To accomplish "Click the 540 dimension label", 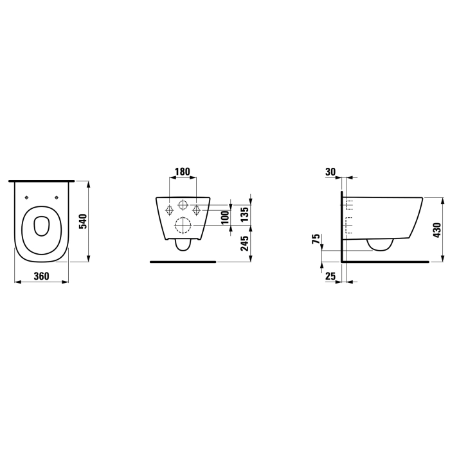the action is [x=83, y=221].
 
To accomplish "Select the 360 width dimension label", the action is [x=42, y=276].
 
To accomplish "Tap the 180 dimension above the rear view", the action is [x=183, y=172].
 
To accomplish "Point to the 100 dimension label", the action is [x=226, y=217].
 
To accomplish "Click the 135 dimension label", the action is [x=244, y=214].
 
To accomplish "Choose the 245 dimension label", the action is [x=244, y=244].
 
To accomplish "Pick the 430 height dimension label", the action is [x=438, y=230].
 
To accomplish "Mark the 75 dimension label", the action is [x=316, y=239].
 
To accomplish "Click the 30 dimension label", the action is [x=330, y=172].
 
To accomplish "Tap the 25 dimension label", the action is [x=330, y=276].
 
